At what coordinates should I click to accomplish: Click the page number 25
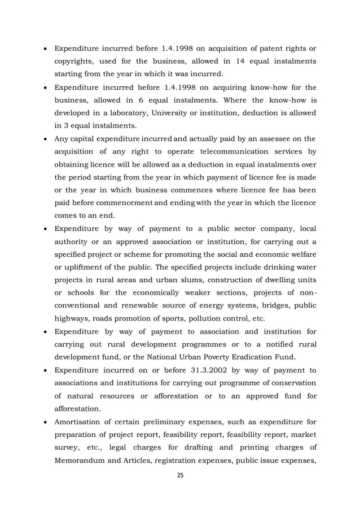coord(180,476)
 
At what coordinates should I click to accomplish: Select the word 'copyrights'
coord(74,60)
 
